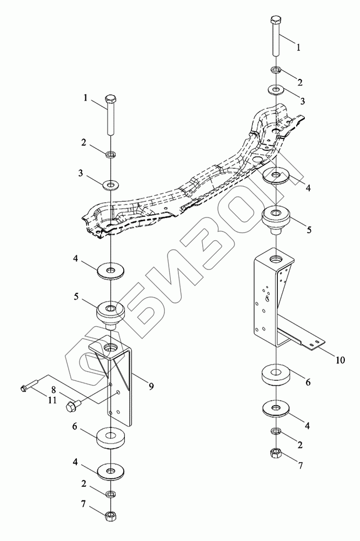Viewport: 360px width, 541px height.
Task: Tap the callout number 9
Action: click(151, 386)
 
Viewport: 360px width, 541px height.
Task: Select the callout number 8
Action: click(53, 388)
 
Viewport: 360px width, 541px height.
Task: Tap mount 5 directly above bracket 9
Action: click(110, 314)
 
